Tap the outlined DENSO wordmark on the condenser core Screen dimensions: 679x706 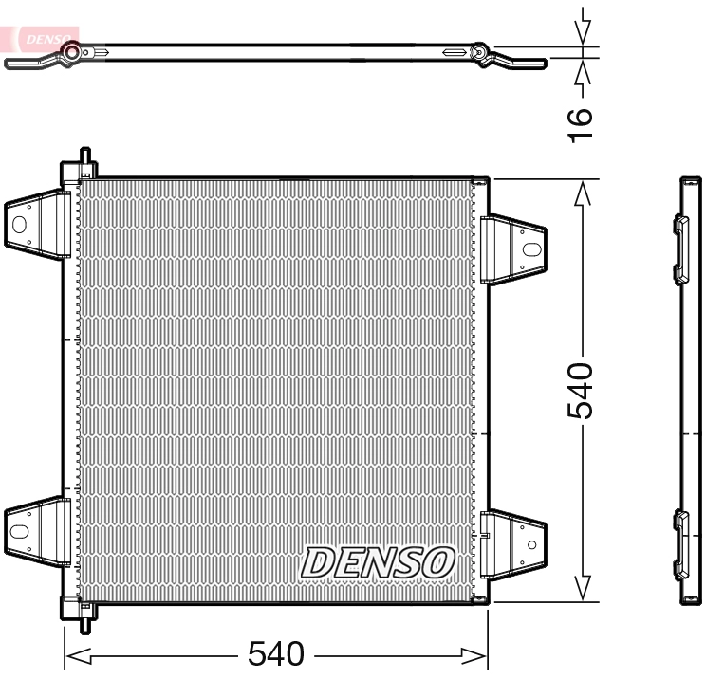(377, 561)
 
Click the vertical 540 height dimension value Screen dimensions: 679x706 (581, 389)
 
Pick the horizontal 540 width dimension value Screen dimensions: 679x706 (275, 653)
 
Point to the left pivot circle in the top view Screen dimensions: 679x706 (70, 53)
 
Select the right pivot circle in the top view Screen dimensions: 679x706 (481, 53)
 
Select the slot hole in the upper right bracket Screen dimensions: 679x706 (530, 250)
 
